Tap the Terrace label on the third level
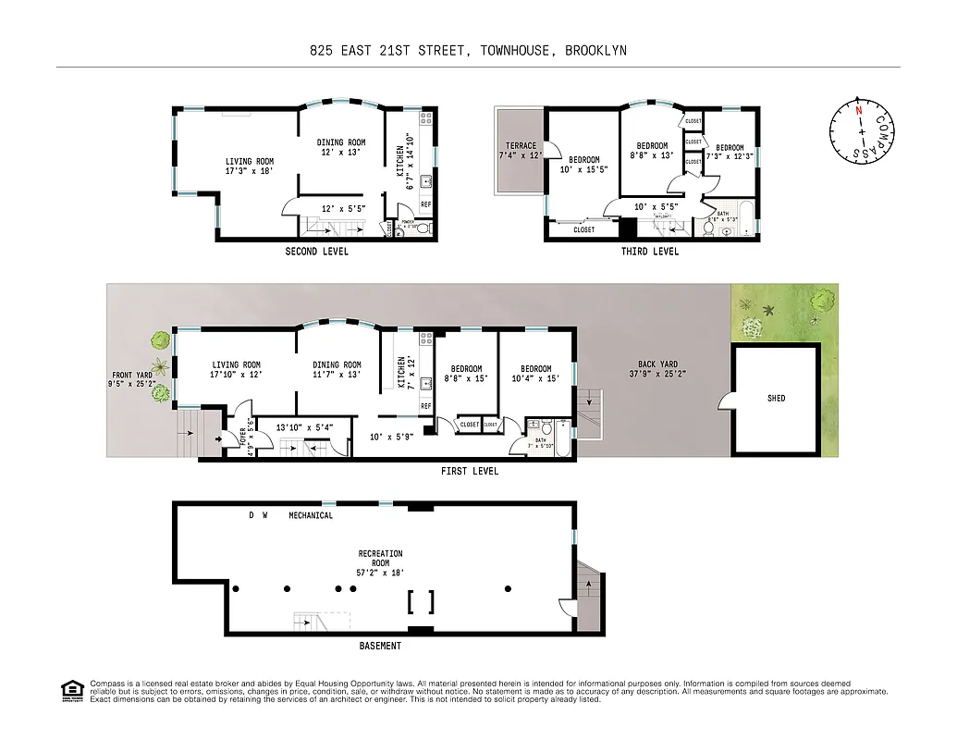click(x=521, y=150)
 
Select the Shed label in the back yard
click(x=776, y=399)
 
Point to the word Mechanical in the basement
click(x=311, y=515)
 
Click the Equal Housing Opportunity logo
click(x=71, y=689)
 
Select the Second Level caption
click(x=316, y=252)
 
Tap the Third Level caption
click(x=650, y=252)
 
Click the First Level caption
click(x=469, y=472)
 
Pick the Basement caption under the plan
click(x=380, y=646)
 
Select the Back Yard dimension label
click(x=657, y=369)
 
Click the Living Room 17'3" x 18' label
click(x=250, y=166)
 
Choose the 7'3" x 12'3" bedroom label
click(x=730, y=152)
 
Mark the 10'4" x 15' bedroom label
click(x=535, y=374)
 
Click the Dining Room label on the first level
click(x=337, y=370)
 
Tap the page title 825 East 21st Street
click(x=468, y=51)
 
